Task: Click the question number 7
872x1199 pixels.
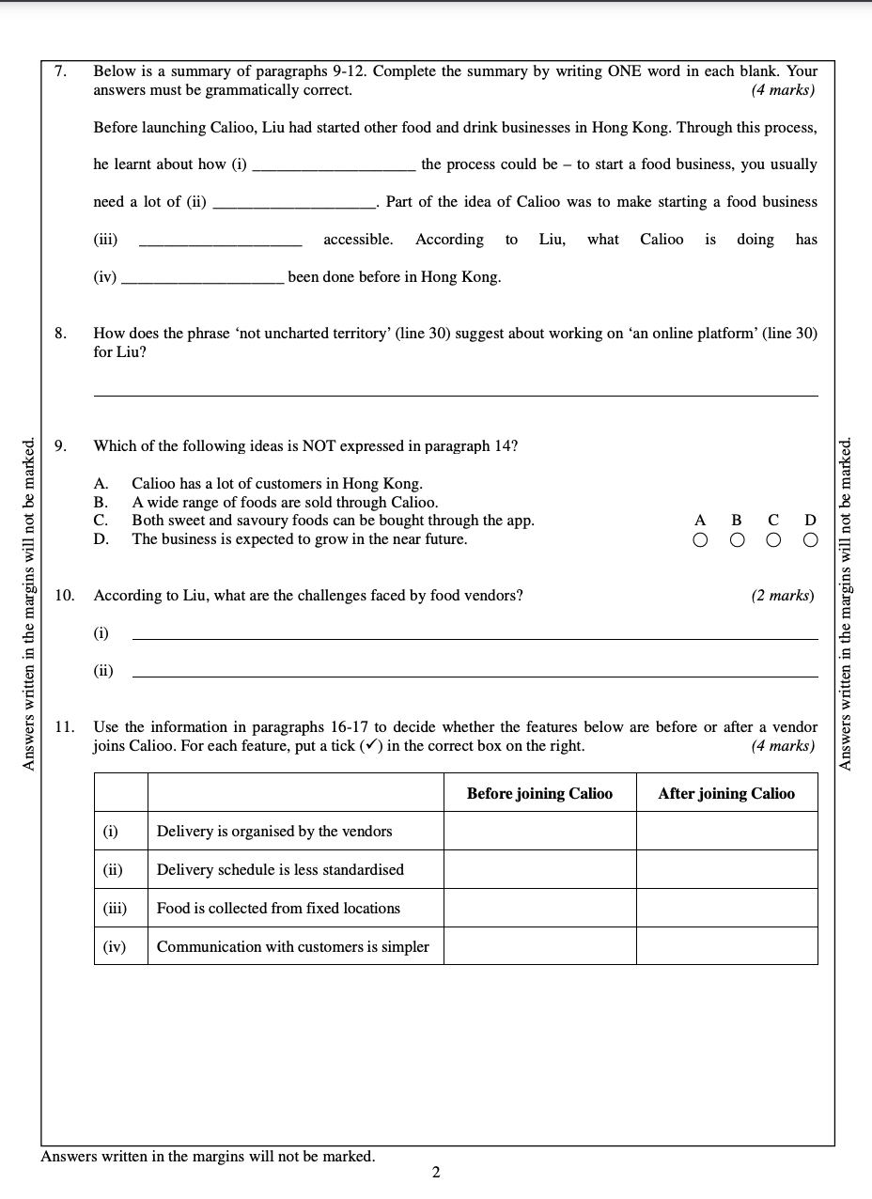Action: [x=60, y=71]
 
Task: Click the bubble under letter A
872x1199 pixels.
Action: [x=699, y=540]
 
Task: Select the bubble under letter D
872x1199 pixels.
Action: [x=811, y=540]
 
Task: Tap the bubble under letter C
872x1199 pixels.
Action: [x=773, y=540]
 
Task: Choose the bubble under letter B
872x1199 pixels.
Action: [x=737, y=540]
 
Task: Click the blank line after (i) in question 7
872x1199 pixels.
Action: [x=334, y=169]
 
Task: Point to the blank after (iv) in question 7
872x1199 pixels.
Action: [x=203, y=282]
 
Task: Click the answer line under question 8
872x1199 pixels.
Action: [x=456, y=395]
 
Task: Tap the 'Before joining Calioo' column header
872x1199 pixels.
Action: [x=539, y=794]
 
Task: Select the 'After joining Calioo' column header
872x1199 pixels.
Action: [x=726, y=794]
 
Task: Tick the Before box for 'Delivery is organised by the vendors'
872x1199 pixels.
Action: [x=539, y=832]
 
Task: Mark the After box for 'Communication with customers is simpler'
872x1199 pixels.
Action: [x=726, y=946]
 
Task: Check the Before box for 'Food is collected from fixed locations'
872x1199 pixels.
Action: [x=539, y=908]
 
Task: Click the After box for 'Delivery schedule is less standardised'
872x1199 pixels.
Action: [x=726, y=869]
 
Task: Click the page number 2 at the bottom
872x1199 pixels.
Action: [x=436, y=1172]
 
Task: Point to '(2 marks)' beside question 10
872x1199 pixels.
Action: [x=783, y=596]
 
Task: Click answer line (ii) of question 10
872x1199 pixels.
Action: [x=475, y=676]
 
